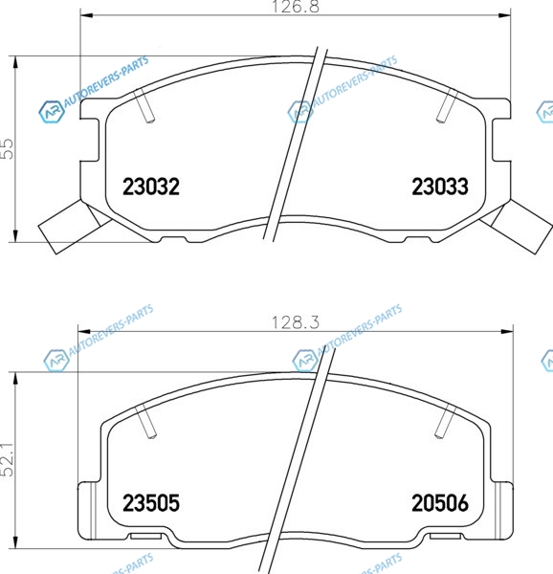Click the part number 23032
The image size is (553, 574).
click(151, 187)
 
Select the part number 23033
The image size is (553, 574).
click(440, 187)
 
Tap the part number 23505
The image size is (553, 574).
click(151, 502)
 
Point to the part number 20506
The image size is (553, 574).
click(440, 502)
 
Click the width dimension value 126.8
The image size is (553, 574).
click(296, 7)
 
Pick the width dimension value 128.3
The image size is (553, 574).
click(296, 322)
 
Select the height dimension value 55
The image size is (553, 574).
click(8, 148)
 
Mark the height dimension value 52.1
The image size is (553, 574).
click(8, 460)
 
